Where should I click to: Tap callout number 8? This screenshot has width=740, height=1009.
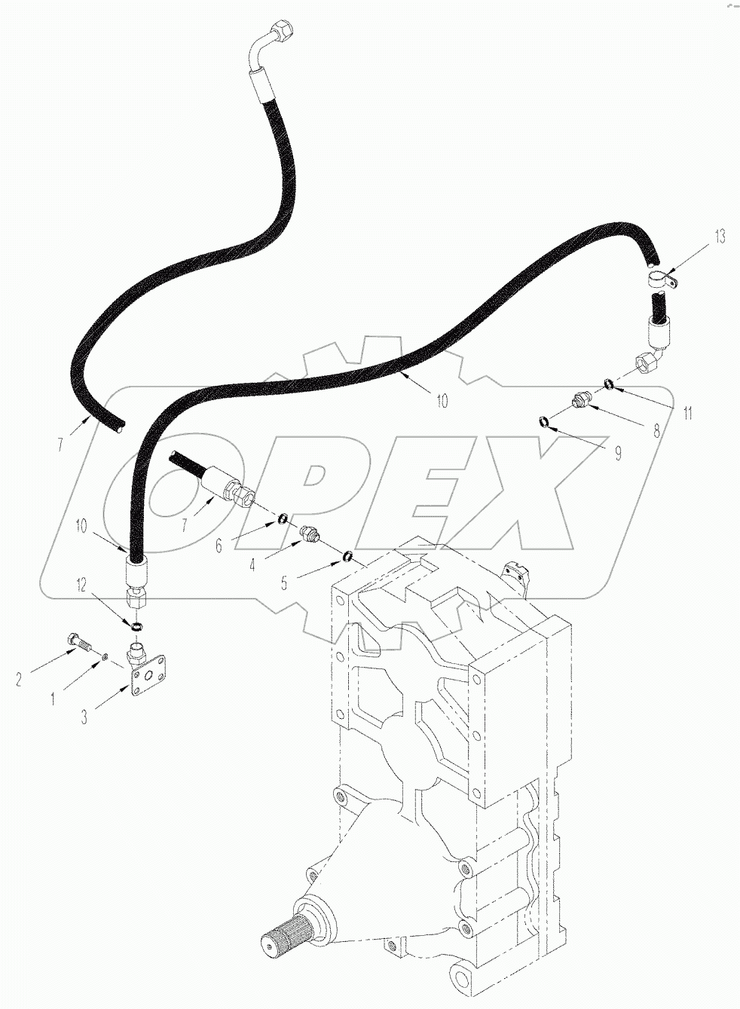click(x=656, y=432)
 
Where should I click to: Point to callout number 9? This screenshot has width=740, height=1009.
click(x=617, y=454)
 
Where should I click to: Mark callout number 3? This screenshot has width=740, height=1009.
click(x=84, y=717)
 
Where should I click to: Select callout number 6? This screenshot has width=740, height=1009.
click(x=219, y=546)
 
